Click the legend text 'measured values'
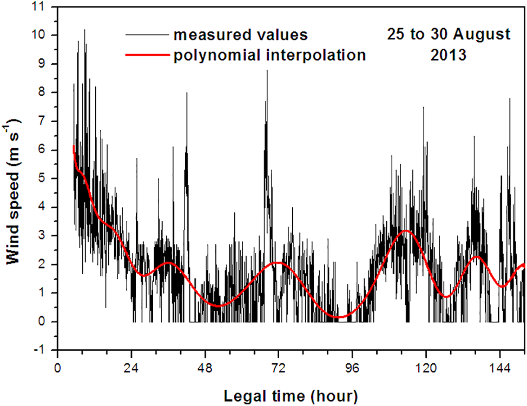[x=240, y=36]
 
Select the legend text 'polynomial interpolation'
[x=269, y=55]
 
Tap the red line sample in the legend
[x=144, y=55]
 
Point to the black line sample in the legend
[x=144, y=36]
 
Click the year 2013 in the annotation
[x=448, y=55]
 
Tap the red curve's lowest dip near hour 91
[x=339, y=317]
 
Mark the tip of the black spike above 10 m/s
[x=84, y=30]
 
